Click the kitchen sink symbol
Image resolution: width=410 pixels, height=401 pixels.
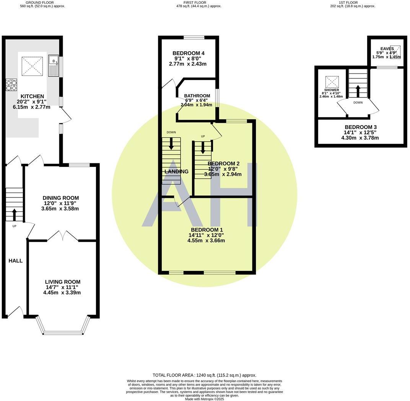[53, 65]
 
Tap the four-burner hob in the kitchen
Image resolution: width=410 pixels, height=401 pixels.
[11, 85]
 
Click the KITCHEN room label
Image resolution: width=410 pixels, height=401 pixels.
[32, 96]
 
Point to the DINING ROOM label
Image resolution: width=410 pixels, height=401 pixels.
[60, 198]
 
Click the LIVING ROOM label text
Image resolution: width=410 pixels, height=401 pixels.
[62, 282]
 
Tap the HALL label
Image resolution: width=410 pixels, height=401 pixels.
[16, 261]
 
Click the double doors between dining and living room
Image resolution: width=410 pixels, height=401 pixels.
[62, 236]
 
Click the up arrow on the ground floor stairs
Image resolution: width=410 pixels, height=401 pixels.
[15, 215]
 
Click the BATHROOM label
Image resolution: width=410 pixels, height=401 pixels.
[197, 96]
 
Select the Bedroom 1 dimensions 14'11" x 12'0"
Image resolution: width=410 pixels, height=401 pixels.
[206, 235]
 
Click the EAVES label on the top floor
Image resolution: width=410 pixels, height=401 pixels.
[387, 49]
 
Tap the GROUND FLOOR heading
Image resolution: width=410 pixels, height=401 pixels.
[42, 2]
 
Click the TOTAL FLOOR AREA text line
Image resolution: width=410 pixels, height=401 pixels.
[204, 375]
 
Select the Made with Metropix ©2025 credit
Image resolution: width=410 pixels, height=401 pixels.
[204, 399]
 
